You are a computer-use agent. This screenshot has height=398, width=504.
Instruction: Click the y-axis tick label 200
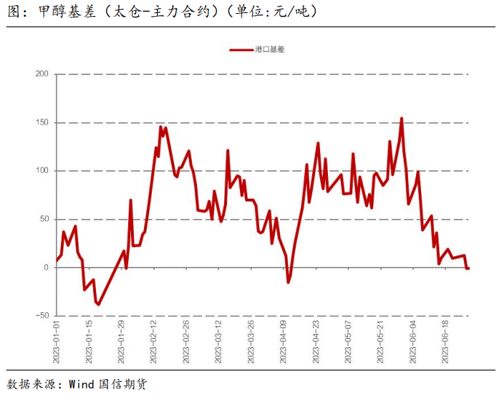[41, 74]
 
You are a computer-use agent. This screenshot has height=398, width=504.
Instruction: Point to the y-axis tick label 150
[41, 122]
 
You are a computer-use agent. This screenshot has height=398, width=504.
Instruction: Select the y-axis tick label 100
[41, 171]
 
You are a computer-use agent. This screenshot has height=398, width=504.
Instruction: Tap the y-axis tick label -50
[41, 316]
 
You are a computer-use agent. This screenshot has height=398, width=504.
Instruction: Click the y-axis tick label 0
[45, 268]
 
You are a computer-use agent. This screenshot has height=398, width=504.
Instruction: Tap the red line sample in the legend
[241, 50]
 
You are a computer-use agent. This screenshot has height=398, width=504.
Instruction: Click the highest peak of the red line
[401, 119]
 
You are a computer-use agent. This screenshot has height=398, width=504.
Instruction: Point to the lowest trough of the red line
[98, 304]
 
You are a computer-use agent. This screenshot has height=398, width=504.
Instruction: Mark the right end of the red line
[468, 268]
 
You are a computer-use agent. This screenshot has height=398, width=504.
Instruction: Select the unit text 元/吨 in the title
[292, 12]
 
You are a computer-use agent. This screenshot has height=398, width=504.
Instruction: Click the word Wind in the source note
[81, 383]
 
